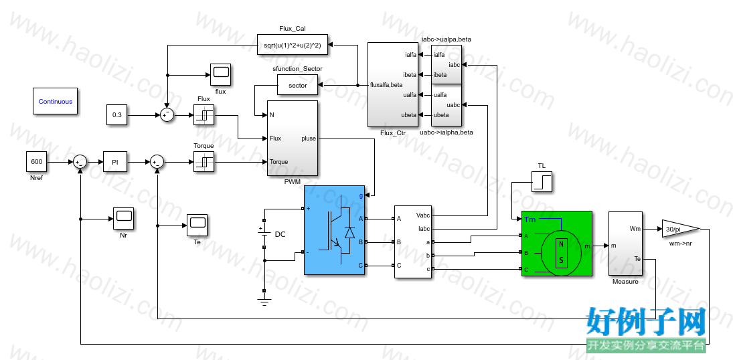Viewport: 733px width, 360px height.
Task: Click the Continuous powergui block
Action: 55,101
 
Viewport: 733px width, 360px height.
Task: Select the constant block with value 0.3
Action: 117,115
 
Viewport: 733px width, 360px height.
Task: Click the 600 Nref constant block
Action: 36,162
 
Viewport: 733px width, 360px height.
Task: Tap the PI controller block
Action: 115,162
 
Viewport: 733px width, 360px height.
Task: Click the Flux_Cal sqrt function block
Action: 293,44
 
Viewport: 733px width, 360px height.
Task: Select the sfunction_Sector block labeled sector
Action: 298,86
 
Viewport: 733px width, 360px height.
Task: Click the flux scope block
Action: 221,75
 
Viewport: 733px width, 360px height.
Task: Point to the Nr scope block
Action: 123,218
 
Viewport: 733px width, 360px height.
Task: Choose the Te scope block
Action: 197,225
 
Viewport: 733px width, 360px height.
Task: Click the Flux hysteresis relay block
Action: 203,115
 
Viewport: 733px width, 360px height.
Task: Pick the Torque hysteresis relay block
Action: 203,162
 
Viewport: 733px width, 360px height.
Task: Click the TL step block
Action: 542,182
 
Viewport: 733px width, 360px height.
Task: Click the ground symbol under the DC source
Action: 264,302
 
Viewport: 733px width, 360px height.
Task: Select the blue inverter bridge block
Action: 334,230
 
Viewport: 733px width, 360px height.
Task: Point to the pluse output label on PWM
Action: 309,139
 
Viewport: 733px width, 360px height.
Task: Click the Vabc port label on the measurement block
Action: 422,215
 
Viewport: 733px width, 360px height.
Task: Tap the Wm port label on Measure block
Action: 635,229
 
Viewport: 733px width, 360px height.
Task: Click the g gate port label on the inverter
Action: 361,196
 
